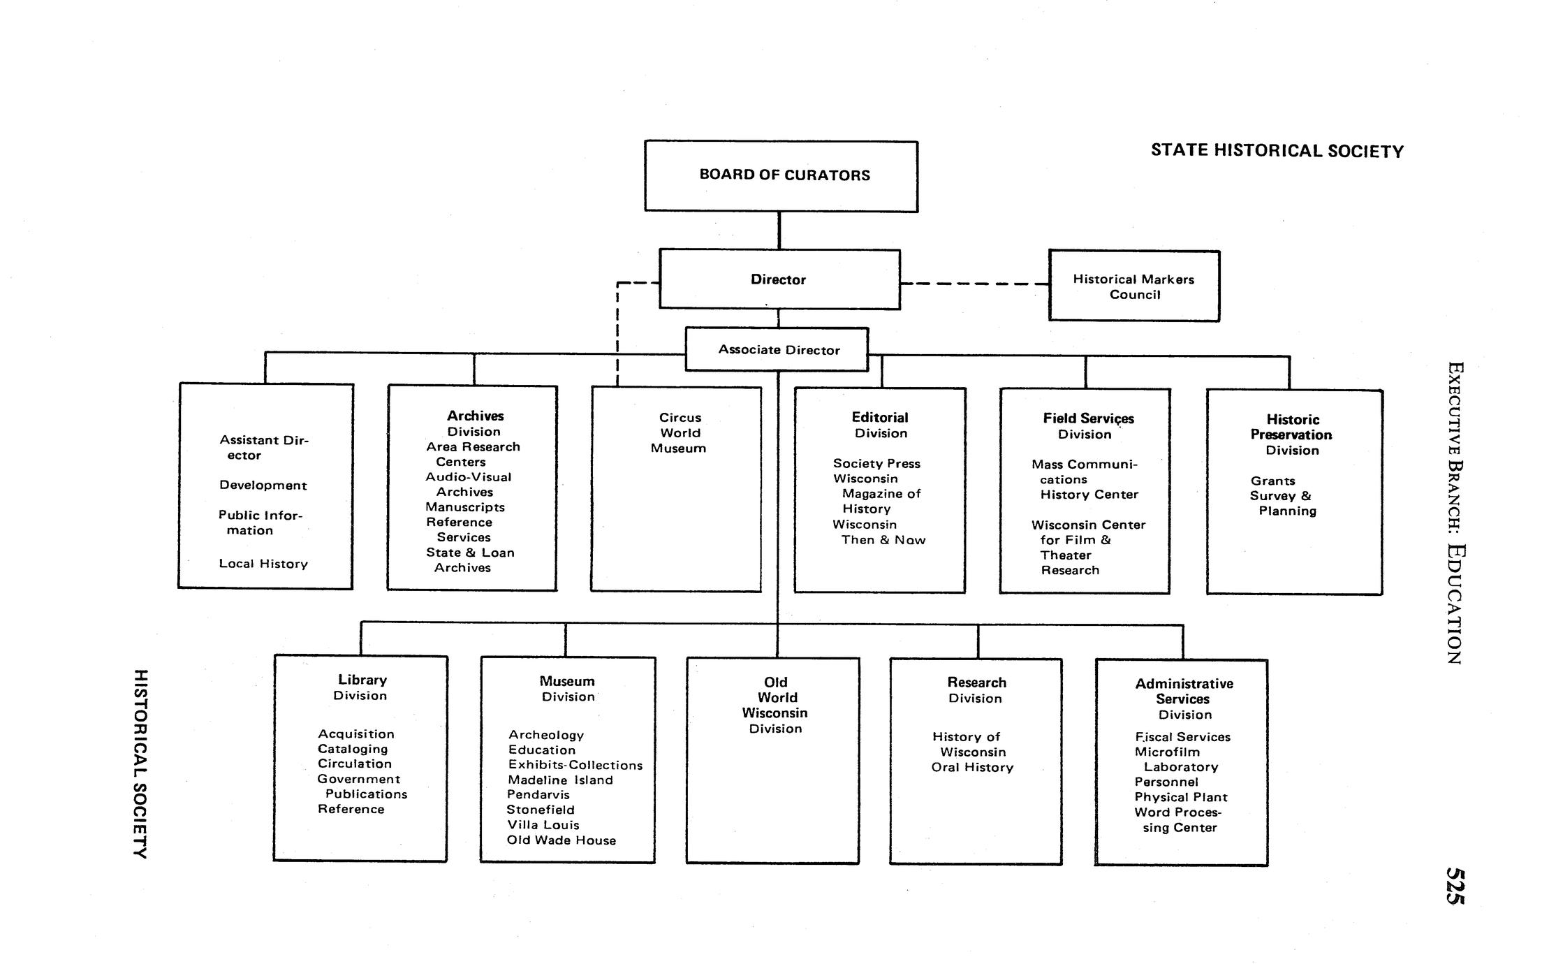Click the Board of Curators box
pyautogui.click(x=781, y=176)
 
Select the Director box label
pyautogui.click(x=778, y=279)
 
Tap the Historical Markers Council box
pyautogui.click(x=1133, y=286)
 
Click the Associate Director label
pyautogui.click(x=779, y=350)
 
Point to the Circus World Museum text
pyautogui.click(x=679, y=432)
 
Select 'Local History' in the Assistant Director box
pyautogui.click(x=263, y=564)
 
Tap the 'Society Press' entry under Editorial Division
pyautogui.click(x=876, y=464)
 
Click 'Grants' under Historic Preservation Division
pyautogui.click(x=1272, y=481)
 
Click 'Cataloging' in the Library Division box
pyautogui.click(x=353, y=749)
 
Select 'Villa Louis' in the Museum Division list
pyautogui.click(x=543, y=825)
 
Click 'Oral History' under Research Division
pyautogui.click(x=972, y=767)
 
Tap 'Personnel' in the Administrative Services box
pyautogui.click(x=1166, y=782)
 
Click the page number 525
pyautogui.click(x=1454, y=886)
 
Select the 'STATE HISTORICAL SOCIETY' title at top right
pyautogui.click(x=1277, y=151)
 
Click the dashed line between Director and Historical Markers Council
pyautogui.click(x=974, y=284)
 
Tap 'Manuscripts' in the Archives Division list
pyautogui.click(x=465, y=507)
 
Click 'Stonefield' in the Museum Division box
pyautogui.click(x=541, y=810)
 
